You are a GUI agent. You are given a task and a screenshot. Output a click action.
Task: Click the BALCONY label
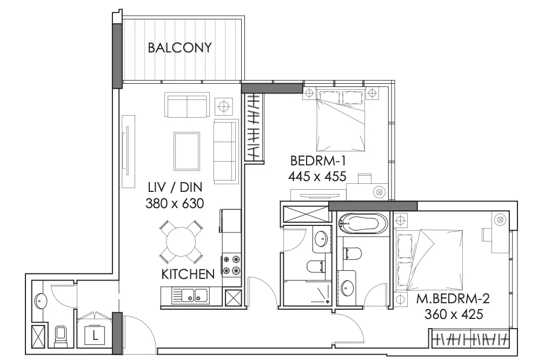tap(180, 48)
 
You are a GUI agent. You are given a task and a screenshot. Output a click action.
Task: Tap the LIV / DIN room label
tap(175, 187)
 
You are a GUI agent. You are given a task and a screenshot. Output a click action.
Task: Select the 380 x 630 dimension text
tap(175, 203)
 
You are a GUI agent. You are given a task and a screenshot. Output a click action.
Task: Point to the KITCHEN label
tap(188, 274)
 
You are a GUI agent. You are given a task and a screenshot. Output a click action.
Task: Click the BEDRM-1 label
tap(318, 161)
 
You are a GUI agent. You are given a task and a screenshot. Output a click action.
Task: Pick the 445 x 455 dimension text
tap(317, 176)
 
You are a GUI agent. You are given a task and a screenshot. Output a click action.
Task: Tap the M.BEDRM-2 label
tap(453, 298)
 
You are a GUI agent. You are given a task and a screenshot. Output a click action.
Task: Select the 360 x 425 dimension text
tap(454, 314)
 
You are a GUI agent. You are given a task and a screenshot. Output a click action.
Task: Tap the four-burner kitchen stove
tap(231, 264)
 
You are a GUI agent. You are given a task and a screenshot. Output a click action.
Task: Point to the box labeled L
tap(95, 336)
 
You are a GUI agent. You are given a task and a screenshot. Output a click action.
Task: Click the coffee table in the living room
tap(187, 151)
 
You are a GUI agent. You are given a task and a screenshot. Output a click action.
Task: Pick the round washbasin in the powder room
tap(40, 302)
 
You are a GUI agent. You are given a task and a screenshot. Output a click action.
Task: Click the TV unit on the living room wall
tap(128, 151)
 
